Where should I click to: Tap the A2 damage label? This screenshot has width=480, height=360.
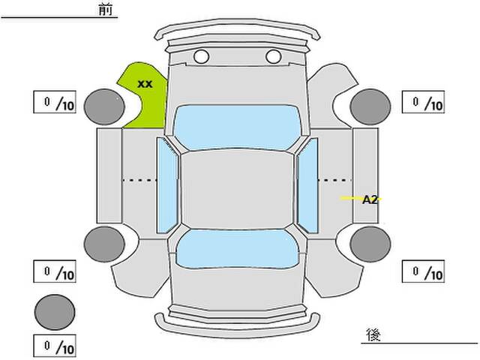click(369, 199)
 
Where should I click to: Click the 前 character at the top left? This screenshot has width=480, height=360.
click(106, 10)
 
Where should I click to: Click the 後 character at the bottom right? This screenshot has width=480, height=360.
click(373, 334)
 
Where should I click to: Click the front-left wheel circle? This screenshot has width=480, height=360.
click(104, 106)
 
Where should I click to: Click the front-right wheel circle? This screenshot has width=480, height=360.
click(370, 106)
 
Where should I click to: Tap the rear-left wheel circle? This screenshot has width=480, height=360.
click(104, 244)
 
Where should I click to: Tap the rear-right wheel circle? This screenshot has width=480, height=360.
click(370, 244)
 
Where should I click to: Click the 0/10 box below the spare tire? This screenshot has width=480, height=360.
click(55, 346)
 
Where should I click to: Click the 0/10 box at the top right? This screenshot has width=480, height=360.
click(424, 103)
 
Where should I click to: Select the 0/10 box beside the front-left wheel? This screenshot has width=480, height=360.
click(55, 103)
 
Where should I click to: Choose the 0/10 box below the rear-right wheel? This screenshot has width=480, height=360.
click(424, 271)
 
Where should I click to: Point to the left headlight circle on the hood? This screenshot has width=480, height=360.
click(201, 56)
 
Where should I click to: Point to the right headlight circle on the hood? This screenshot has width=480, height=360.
click(273, 56)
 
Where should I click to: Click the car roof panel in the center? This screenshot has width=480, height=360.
click(236, 187)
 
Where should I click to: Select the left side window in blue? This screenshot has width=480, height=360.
click(167, 184)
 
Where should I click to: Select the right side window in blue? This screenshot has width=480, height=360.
click(307, 184)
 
